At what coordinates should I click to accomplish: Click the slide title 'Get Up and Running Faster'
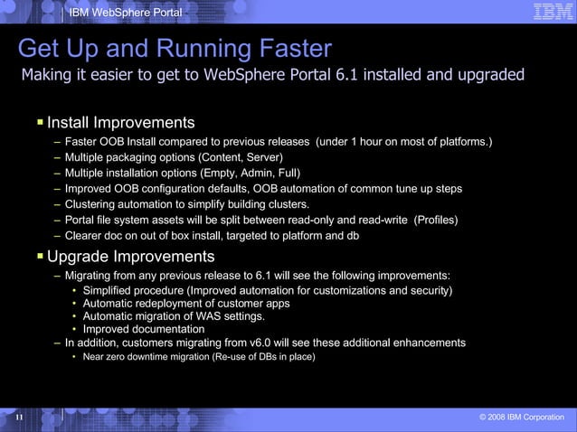coord(175,48)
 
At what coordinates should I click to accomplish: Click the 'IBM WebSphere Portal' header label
coord(126,12)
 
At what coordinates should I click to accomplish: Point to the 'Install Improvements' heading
coord(121,122)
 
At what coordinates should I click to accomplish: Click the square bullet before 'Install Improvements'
coord(41,121)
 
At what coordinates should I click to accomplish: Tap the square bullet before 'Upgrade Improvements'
coord(41,256)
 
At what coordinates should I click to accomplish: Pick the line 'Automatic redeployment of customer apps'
coord(186,304)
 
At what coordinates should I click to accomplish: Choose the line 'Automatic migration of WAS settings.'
coord(174,316)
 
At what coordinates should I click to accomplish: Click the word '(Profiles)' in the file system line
coord(436,220)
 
